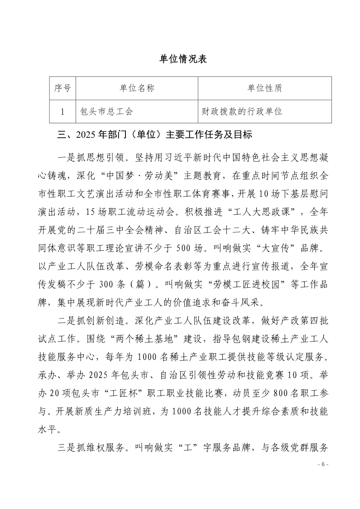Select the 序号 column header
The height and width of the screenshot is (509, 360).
pos(62,88)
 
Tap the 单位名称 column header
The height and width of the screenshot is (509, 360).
pos(137,88)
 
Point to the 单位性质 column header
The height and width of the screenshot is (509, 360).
pos(265,88)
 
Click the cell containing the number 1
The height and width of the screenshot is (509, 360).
pos(62,111)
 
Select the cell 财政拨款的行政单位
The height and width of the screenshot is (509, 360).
pos(242,111)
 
